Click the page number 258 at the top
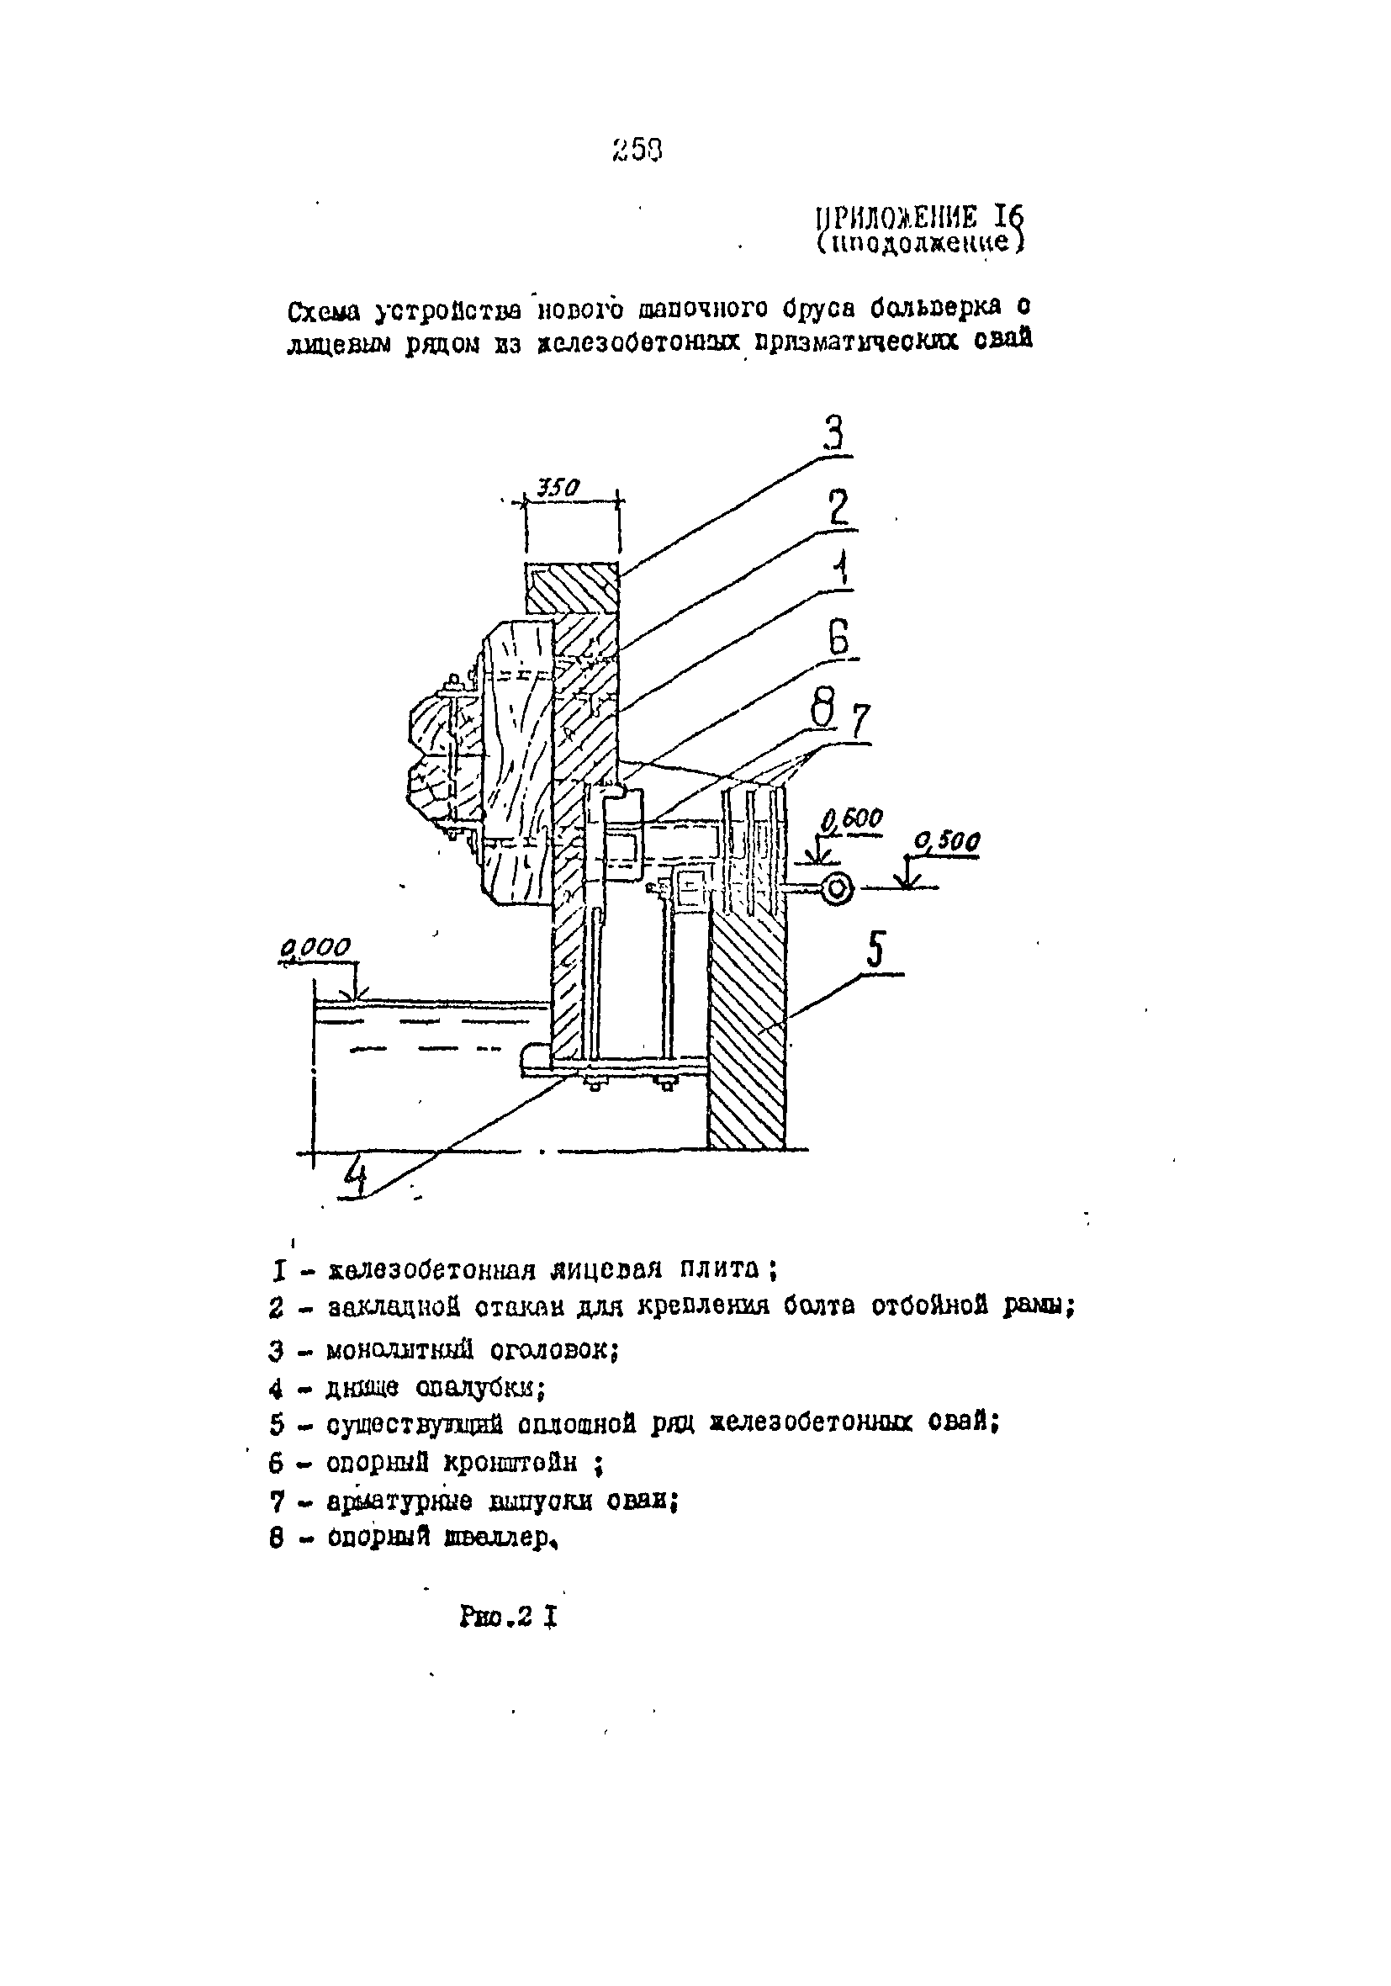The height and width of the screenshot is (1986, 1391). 637,151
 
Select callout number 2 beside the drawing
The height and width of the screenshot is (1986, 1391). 838,509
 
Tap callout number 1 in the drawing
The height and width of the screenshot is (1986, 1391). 838,570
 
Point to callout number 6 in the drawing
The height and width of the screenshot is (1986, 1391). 838,639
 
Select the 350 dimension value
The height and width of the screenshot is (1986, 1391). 558,488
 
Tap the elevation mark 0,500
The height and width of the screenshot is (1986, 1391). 947,842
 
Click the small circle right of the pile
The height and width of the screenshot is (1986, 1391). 837,888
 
